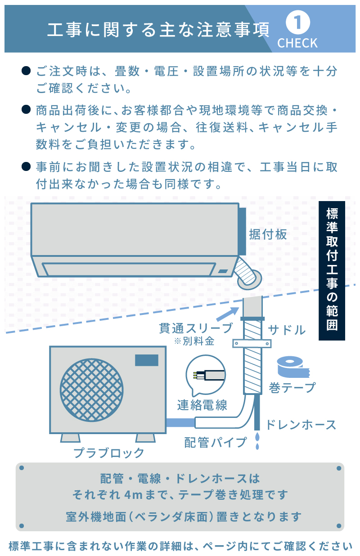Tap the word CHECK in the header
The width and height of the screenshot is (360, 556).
click(297, 43)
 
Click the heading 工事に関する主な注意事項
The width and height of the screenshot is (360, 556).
click(158, 30)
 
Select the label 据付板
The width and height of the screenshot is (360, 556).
click(268, 234)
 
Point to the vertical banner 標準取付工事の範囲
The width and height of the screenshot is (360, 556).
click(332, 270)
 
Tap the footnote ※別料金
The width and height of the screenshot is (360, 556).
click(194, 341)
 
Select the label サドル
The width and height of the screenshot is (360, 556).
click(287, 330)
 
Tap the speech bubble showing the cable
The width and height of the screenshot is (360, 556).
click(206, 374)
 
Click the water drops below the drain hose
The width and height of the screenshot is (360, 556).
click(257, 441)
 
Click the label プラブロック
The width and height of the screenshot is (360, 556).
click(109, 453)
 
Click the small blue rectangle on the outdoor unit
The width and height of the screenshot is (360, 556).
click(147, 360)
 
